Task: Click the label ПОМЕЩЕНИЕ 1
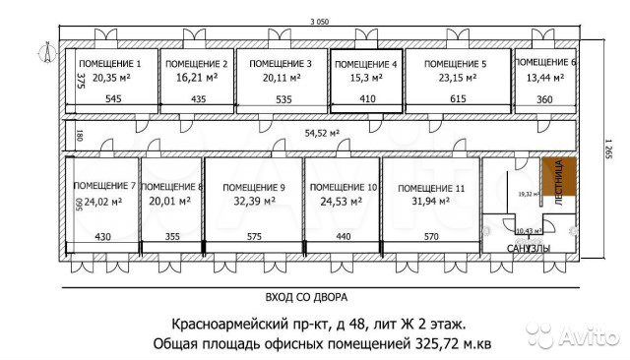point(111,64)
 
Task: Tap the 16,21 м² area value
point(196,77)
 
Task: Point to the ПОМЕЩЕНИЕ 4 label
point(366,64)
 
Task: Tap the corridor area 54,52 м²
point(322,132)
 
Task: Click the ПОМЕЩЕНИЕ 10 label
point(342,187)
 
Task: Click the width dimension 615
point(458,99)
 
